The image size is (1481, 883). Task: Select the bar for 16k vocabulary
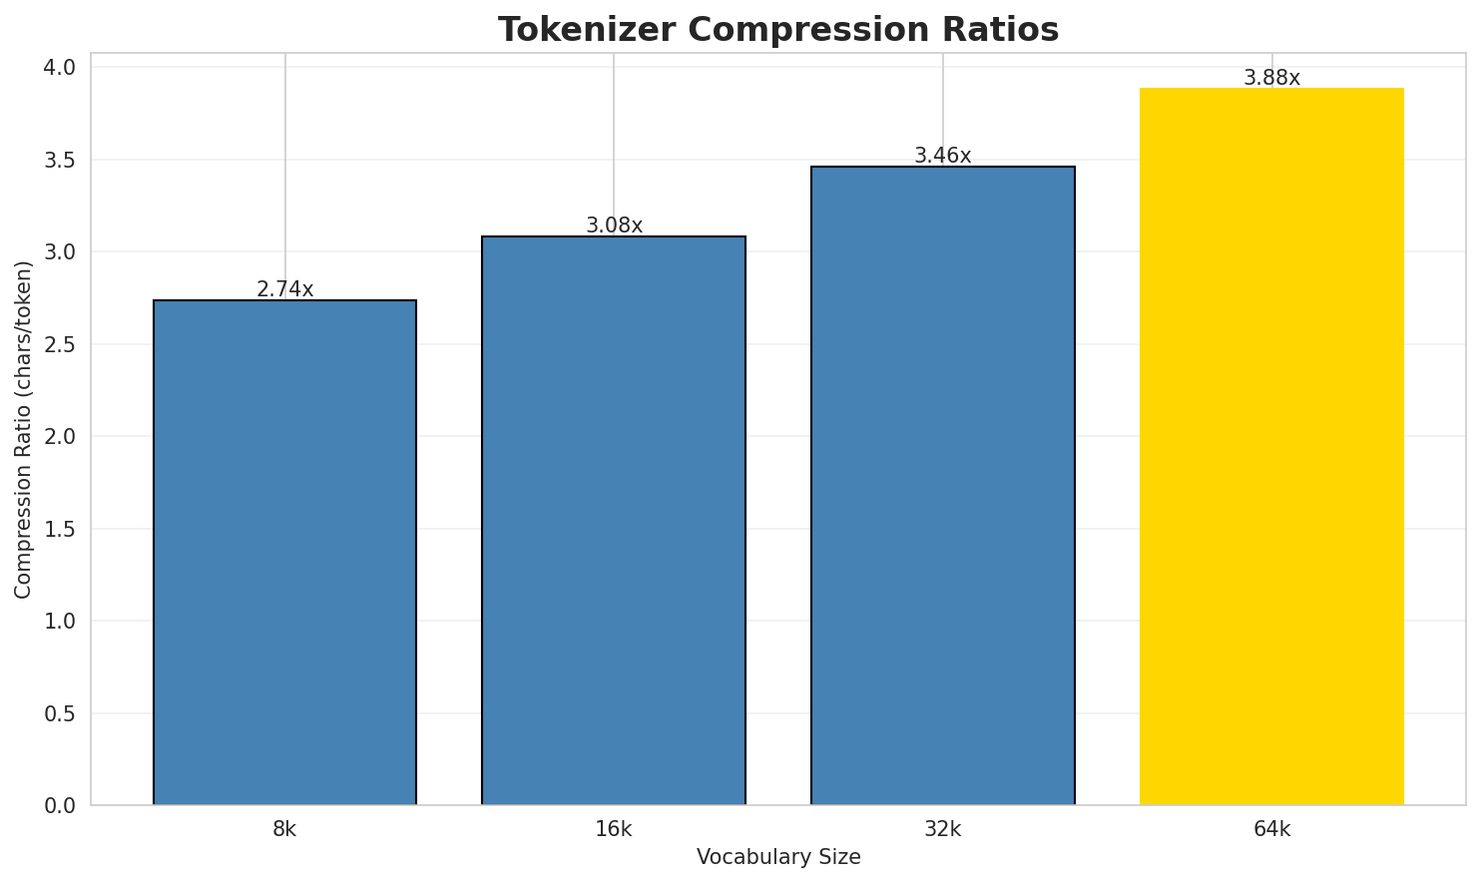click(x=614, y=520)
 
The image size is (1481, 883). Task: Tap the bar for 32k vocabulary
click(x=943, y=485)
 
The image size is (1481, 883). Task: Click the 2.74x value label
click(x=285, y=289)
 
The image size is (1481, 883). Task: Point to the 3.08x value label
click(x=614, y=225)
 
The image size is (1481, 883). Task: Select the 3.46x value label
click(x=943, y=156)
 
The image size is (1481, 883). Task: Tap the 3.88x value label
click(x=1271, y=78)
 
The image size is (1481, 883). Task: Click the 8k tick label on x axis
click(x=284, y=829)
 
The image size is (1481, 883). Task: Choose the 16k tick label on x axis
click(x=614, y=829)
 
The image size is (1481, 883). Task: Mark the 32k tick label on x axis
click(x=943, y=829)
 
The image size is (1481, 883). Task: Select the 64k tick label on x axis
click(x=1271, y=829)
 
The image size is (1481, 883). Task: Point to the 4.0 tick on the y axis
click(x=61, y=68)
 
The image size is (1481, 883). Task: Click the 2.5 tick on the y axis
click(x=61, y=344)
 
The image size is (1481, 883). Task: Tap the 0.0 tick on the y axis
click(x=61, y=805)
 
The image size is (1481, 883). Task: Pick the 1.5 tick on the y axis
click(x=61, y=529)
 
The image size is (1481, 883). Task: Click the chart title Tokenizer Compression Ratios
click(x=778, y=30)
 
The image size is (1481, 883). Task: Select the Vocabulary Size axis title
click(x=778, y=857)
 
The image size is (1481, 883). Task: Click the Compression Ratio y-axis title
click(x=24, y=429)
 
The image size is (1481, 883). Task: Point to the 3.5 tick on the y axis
click(x=61, y=160)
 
